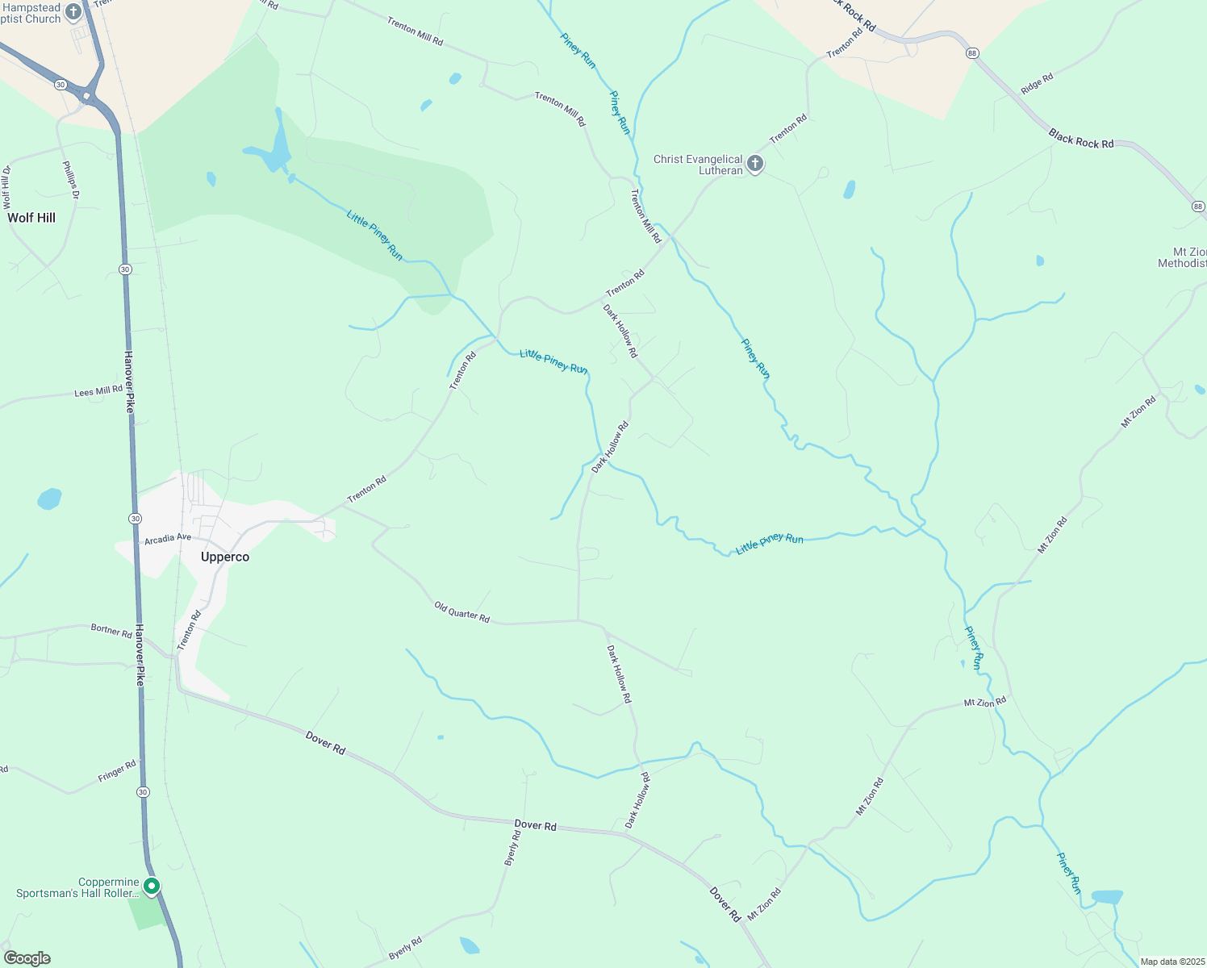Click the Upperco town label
click(225, 557)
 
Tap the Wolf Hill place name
click(31, 218)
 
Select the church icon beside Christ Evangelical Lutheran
click(755, 165)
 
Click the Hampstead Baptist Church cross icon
click(73, 12)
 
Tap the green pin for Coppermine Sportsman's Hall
click(151, 887)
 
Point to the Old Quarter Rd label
click(462, 612)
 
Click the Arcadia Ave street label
click(168, 538)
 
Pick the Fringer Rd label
click(117, 771)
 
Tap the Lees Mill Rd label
click(98, 391)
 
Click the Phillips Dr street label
click(71, 180)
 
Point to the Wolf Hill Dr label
click(6, 187)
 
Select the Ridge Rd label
click(1037, 84)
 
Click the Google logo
click(27, 958)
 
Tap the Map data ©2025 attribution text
click(1171, 962)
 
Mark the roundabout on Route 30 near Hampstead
click(86, 96)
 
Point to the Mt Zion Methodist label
click(1184, 258)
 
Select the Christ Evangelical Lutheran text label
click(698, 165)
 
